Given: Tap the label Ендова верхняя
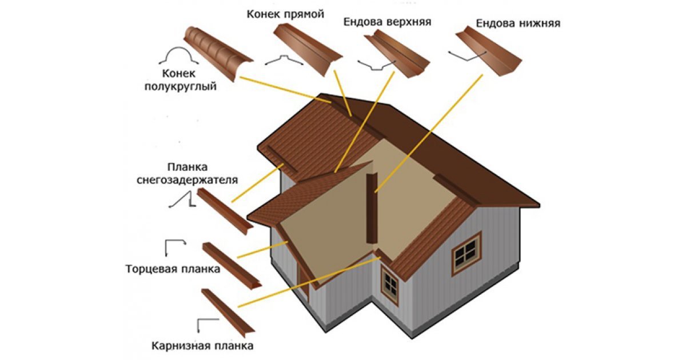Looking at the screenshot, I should point(387,22).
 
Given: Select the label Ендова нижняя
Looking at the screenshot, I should point(517,23).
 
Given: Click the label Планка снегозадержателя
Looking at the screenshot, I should point(187,174).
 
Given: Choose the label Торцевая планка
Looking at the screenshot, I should point(173,269).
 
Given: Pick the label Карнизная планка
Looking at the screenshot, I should point(202,346).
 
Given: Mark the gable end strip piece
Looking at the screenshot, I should point(231,264).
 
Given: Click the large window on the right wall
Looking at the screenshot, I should point(466,252).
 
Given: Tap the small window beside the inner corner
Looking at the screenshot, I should point(390,283).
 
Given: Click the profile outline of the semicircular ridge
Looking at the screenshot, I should point(178,56).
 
